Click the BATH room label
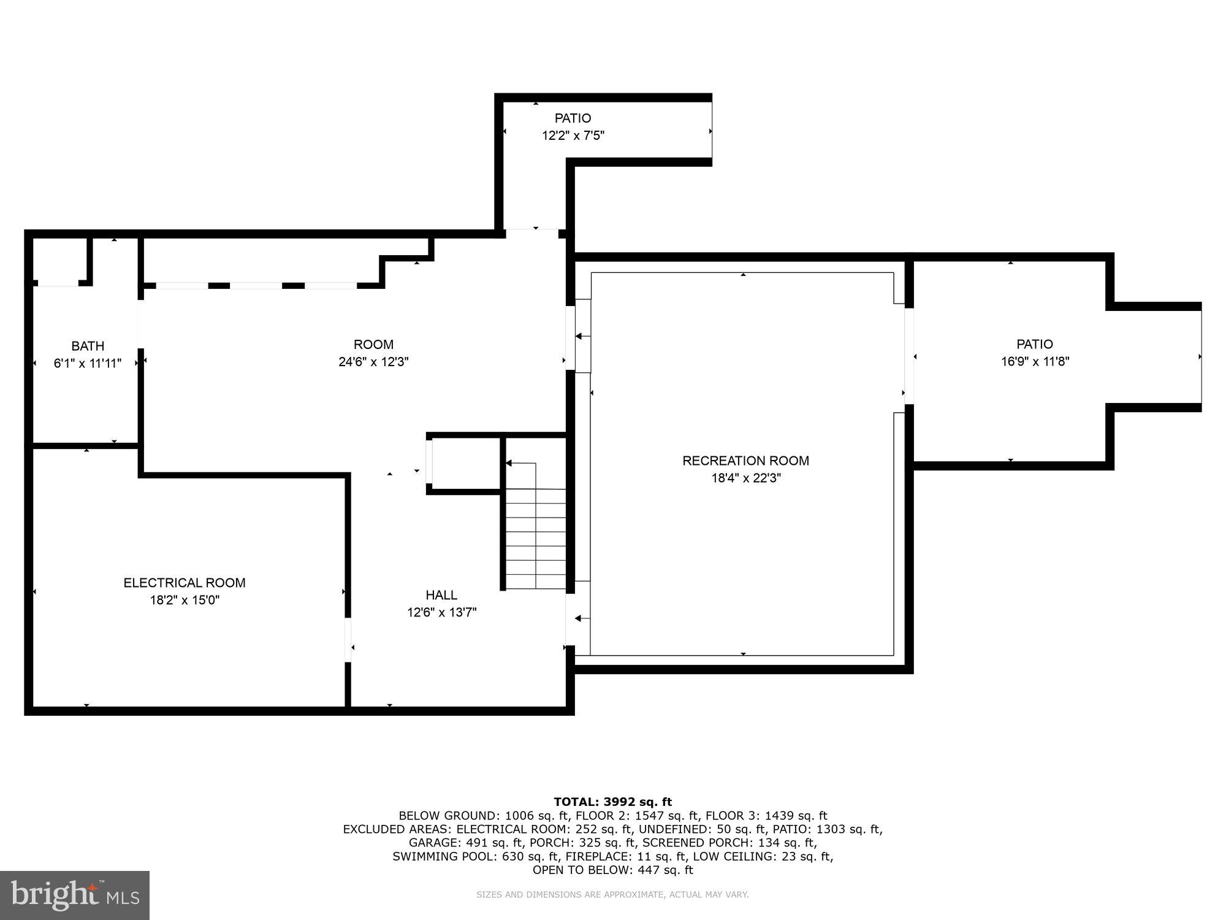click(88, 346)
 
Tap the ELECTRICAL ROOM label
click(185, 583)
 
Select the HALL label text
click(441, 595)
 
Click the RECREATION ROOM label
click(745, 461)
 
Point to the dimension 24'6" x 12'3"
click(373, 362)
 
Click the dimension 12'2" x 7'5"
click(573, 136)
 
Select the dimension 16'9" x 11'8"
click(1035, 362)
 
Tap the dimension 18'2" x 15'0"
click(185, 600)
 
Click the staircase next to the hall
click(536, 534)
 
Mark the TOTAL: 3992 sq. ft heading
click(612, 802)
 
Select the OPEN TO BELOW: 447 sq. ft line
click(612, 870)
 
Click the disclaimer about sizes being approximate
click(612, 895)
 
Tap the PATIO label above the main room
click(573, 118)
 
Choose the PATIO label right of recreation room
click(1035, 345)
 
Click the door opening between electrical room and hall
click(348, 640)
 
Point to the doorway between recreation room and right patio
click(909, 356)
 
